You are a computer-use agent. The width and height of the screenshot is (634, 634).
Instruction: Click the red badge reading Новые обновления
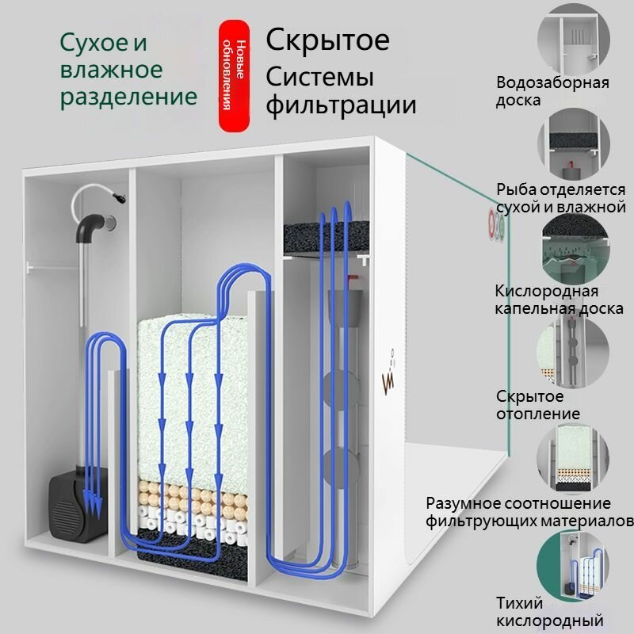click(x=234, y=76)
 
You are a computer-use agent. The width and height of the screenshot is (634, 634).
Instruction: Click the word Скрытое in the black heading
click(x=327, y=40)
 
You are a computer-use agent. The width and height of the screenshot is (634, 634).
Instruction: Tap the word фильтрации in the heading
click(x=341, y=105)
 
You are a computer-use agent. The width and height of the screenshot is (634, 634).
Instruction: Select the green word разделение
click(x=128, y=97)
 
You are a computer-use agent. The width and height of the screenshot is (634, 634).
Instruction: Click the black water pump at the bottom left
click(x=78, y=506)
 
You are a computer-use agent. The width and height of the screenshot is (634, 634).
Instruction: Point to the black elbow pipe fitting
click(x=91, y=227)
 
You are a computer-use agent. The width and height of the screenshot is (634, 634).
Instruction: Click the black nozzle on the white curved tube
click(x=120, y=197)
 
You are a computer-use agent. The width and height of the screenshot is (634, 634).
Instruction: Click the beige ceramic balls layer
click(x=193, y=497)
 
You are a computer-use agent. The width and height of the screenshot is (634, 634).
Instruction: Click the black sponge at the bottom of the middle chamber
click(x=193, y=556)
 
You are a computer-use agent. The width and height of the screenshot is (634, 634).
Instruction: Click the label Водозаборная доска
click(x=552, y=91)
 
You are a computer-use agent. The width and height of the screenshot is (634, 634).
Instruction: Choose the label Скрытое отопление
click(x=538, y=405)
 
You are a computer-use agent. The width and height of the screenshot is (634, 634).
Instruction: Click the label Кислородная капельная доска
click(x=559, y=300)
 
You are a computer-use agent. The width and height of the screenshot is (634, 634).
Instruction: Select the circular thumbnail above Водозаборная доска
click(x=573, y=39)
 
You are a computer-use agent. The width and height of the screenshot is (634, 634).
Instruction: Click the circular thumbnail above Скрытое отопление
click(x=573, y=353)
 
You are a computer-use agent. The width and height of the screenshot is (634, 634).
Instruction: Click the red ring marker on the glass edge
click(x=491, y=225)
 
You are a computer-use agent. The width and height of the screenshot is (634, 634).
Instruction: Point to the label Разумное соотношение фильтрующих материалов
click(x=529, y=512)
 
